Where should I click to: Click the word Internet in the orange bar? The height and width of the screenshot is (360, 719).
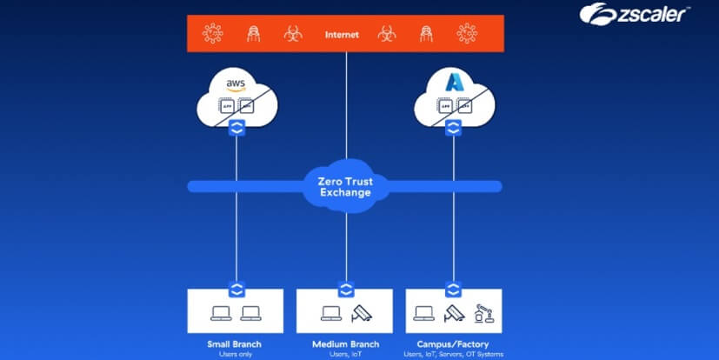(x=342, y=35)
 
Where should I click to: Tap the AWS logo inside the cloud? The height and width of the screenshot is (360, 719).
(x=236, y=84)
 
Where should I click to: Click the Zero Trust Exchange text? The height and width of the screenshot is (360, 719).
(x=344, y=185)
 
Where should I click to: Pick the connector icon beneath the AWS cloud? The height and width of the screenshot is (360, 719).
(x=236, y=129)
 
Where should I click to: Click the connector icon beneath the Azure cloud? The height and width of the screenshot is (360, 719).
(x=452, y=129)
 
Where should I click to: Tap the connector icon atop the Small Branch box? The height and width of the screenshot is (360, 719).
(x=236, y=287)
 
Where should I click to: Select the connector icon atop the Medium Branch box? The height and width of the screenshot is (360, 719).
(x=346, y=289)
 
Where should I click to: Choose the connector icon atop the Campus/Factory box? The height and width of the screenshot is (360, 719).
(x=452, y=287)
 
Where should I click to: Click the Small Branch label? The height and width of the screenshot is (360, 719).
(x=236, y=344)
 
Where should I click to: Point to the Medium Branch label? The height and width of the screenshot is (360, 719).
(x=345, y=344)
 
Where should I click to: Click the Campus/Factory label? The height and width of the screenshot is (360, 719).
(x=453, y=344)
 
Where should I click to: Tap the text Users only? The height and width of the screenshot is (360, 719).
(x=236, y=354)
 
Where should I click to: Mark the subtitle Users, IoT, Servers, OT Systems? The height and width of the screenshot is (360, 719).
(x=453, y=354)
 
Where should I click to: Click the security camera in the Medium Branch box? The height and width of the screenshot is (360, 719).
(x=362, y=314)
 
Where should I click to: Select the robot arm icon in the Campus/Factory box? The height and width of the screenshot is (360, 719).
(x=484, y=313)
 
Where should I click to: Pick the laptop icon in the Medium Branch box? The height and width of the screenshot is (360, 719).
(x=330, y=314)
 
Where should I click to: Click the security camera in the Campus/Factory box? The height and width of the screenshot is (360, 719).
(x=452, y=314)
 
